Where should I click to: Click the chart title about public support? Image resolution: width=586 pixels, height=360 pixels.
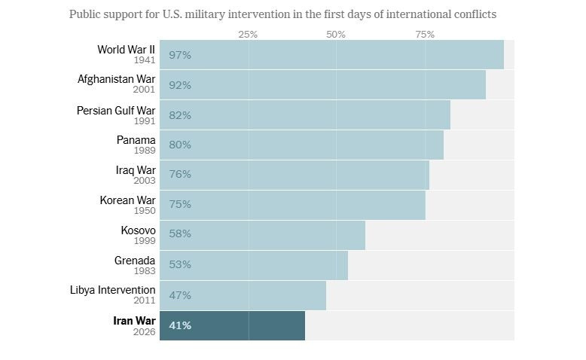click(x=282, y=14)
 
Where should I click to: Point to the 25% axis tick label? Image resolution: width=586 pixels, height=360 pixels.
click(x=248, y=35)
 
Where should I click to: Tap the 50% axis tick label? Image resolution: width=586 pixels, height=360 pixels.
click(x=336, y=35)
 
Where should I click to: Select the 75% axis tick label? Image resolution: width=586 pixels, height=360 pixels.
click(x=425, y=35)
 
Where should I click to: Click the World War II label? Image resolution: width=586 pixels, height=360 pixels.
click(x=126, y=50)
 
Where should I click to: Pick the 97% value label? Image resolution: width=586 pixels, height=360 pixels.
click(x=180, y=55)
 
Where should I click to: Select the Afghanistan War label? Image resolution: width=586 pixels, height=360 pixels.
click(x=116, y=79)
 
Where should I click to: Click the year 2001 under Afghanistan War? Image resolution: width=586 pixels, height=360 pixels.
click(x=145, y=90)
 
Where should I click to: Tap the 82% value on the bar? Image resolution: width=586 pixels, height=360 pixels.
click(x=180, y=115)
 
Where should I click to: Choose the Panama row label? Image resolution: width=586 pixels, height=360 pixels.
click(x=136, y=140)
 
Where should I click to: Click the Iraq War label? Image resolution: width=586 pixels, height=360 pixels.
click(x=136, y=170)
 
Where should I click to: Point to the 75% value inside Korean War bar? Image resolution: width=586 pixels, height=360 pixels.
click(x=180, y=204)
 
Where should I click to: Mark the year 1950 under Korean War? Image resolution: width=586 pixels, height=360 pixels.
click(x=145, y=211)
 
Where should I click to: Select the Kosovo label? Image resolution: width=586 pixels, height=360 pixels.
click(x=138, y=230)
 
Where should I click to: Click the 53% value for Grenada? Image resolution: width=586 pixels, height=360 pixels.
click(x=180, y=264)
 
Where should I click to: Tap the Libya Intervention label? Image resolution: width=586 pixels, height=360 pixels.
click(x=112, y=290)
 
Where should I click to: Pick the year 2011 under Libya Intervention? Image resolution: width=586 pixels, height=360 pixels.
click(x=145, y=301)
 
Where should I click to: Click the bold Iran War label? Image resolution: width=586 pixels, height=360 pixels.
click(x=134, y=321)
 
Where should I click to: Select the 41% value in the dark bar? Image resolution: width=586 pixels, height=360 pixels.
click(x=180, y=325)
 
